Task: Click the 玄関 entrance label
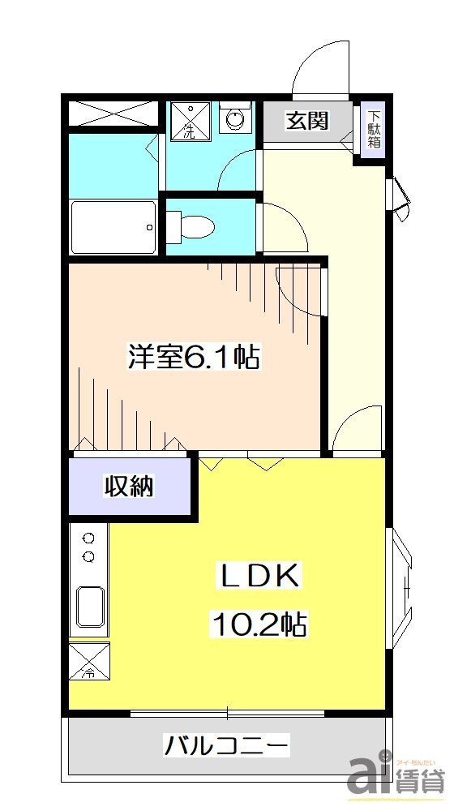[x=307, y=121]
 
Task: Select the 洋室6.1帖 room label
[x=194, y=356]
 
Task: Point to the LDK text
[x=262, y=578]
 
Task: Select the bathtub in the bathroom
[x=113, y=227]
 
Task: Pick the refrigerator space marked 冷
[x=89, y=661]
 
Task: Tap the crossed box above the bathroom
[x=113, y=113]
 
